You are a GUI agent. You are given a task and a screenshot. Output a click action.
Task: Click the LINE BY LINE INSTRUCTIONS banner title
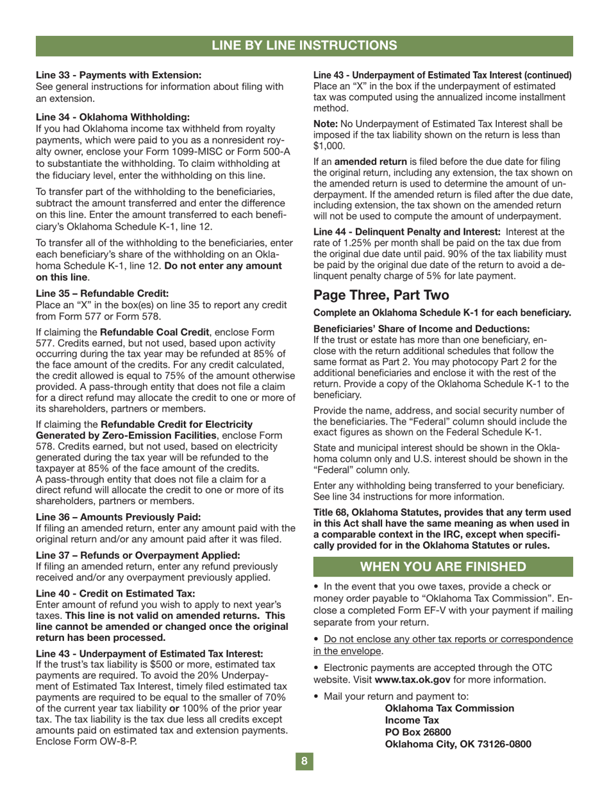pos(304,45)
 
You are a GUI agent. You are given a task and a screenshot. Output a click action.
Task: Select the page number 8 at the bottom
pos(304,761)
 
